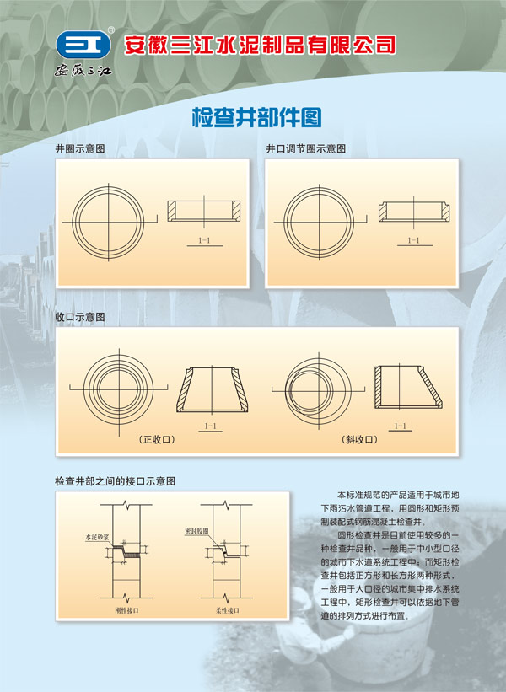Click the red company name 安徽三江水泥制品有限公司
click(x=260, y=45)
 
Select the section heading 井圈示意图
click(x=79, y=148)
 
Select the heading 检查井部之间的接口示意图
click(x=115, y=481)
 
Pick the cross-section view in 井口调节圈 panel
click(x=412, y=212)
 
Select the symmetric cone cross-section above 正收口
click(x=212, y=389)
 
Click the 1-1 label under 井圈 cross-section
click(x=203, y=241)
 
